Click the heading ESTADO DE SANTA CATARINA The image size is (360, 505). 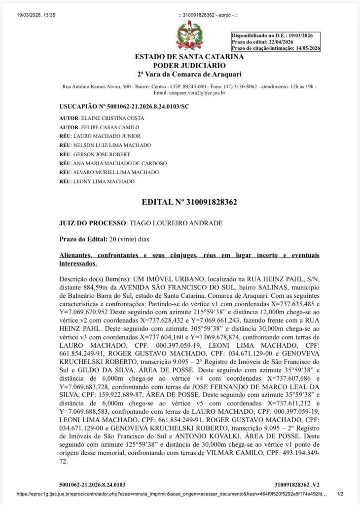[189, 57]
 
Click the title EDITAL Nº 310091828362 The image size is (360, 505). [189, 202]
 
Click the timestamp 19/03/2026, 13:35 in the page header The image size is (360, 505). [36, 15]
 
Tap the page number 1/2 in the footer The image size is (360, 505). [339, 493]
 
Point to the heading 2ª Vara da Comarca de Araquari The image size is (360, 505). [189, 74]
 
